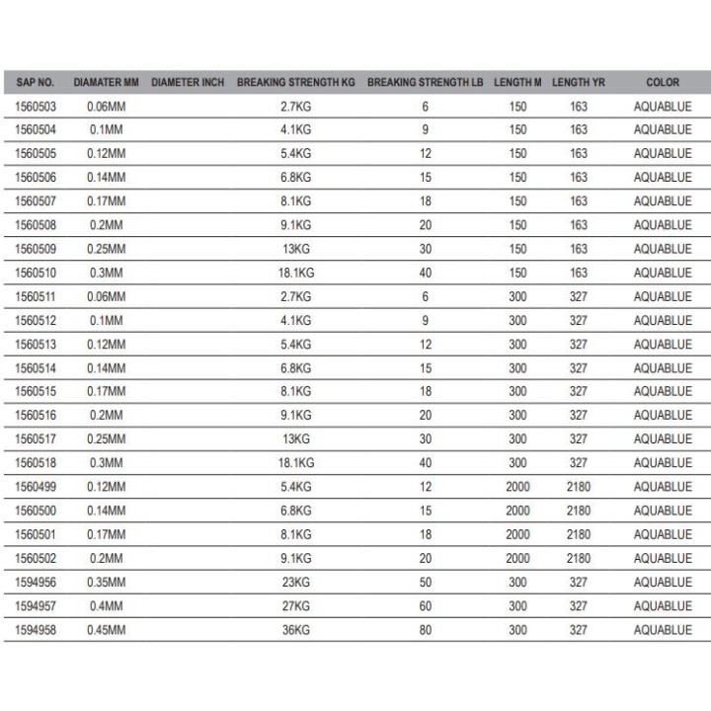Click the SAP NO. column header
(36, 82)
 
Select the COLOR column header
(663, 82)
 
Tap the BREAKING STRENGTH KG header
(295, 82)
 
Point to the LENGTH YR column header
(579, 82)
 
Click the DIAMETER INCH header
(188, 82)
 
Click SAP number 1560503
(36, 106)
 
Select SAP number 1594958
(36, 630)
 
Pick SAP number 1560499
(36, 487)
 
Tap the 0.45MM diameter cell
(105, 630)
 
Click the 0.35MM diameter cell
(105, 583)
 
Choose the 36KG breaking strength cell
(296, 630)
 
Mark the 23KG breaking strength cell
(296, 583)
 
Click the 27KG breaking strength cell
(296, 606)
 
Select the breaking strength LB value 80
(426, 630)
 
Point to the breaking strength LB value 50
(426, 583)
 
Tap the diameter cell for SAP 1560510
(105, 273)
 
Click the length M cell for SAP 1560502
(517, 558)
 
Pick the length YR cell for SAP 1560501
(579, 534)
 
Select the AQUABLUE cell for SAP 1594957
(663, 606)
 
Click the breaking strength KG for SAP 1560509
(296, 249)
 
